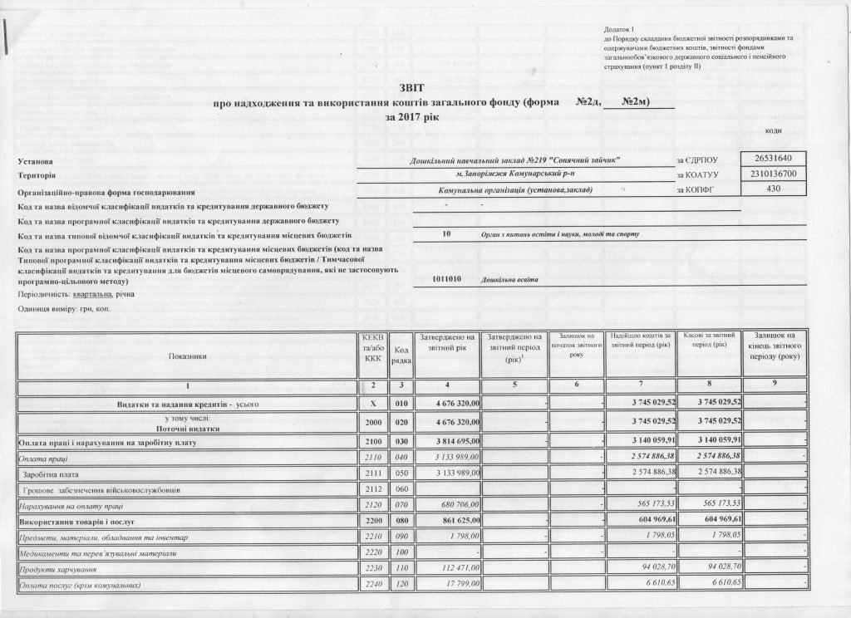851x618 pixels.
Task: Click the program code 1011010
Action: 453,279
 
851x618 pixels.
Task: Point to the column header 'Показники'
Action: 186,356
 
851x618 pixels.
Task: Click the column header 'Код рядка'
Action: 401,356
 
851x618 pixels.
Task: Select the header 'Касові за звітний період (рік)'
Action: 704,340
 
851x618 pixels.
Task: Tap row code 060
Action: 401,490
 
